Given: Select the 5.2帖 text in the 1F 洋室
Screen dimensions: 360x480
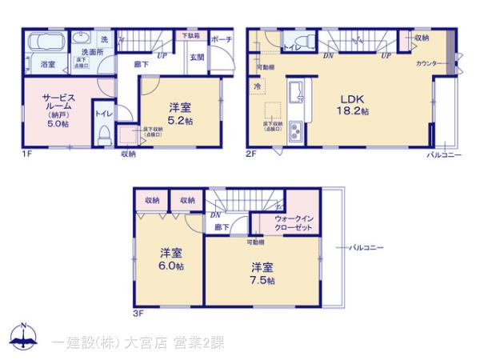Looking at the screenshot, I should pyautogui.click(x=179, y=121).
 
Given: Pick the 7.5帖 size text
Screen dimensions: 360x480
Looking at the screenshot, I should pyautogui.click(x=262, y=282).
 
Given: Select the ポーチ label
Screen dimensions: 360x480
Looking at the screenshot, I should pyautogui.click(x=222, y=38).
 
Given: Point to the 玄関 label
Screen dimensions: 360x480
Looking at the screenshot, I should pyautogui.click(x=196, y=57).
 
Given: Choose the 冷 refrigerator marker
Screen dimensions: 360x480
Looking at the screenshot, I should pyautogui.click(x=258, y=86).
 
